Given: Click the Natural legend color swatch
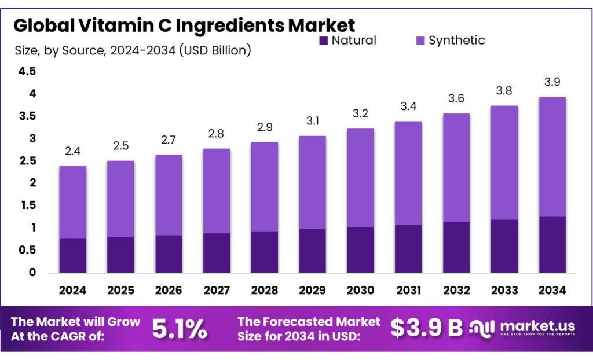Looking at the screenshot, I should pyautogui.click(x=323, y=41).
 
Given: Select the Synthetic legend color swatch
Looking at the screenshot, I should pyautogui.click(x=420, y=41).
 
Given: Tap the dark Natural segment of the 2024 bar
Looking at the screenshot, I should pyautogui.click(x=73, y=255).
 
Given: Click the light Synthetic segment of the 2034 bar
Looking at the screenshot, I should pyautogui.click(x=552, y=156).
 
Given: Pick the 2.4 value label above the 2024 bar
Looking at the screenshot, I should pyautogui.click(x=73, y=152).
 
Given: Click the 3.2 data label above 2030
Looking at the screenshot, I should pyautogui.click(x=360, y=114).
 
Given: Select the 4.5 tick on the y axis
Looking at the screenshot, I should pyautogui.click(x=27, y=71).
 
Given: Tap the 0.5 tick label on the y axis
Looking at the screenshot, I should pyautogui.click(x=27, y=250).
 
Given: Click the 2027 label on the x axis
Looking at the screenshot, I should pyautogui.click(x=217, y=289).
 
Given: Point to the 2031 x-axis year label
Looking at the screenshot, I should pyautogui.click(x=408, y=289).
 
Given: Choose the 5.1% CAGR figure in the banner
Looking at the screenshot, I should pyautogui.click(x=180, y=329).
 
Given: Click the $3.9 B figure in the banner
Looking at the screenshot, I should pyautogui.click(x=426, y=328).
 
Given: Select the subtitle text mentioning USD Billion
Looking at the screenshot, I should pyautogui.click(x=133, y=50).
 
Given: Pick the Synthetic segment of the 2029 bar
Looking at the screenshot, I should pyautogui.click(x=313, y=182).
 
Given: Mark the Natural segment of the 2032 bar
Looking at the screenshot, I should pyautogui.click(x=456, y=247).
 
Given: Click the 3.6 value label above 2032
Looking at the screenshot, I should pyautogui.click(x=456, y=99).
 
